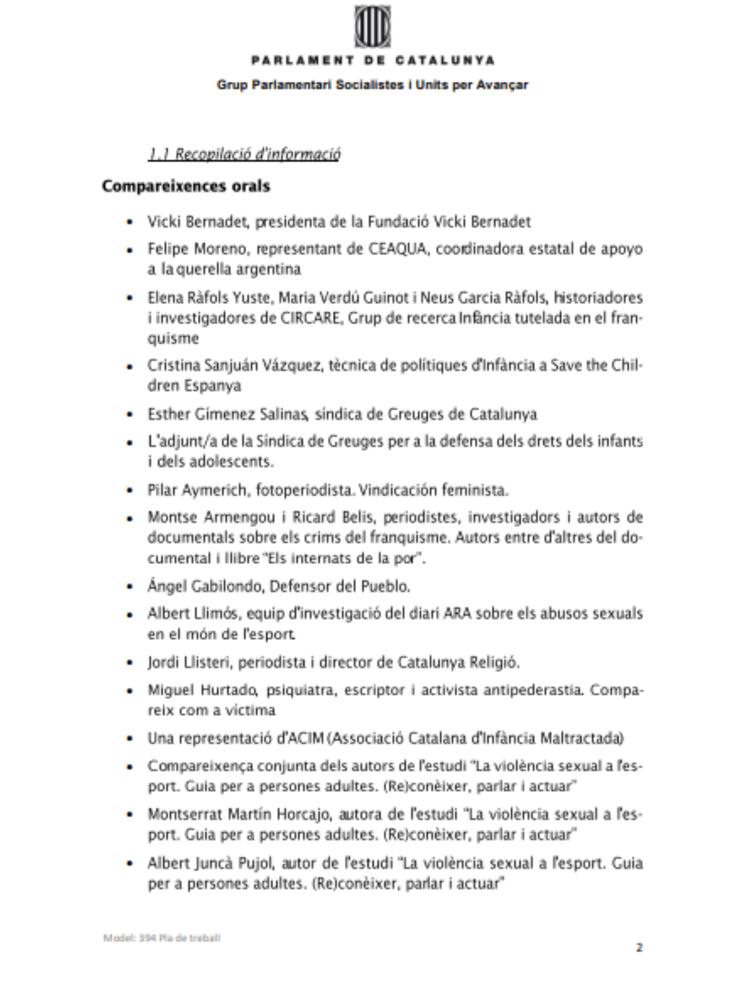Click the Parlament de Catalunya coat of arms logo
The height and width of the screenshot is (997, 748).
pos(372,27)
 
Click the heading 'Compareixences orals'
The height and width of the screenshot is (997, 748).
pos(186,186)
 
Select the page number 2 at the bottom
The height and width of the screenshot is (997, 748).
pos(639,947)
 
